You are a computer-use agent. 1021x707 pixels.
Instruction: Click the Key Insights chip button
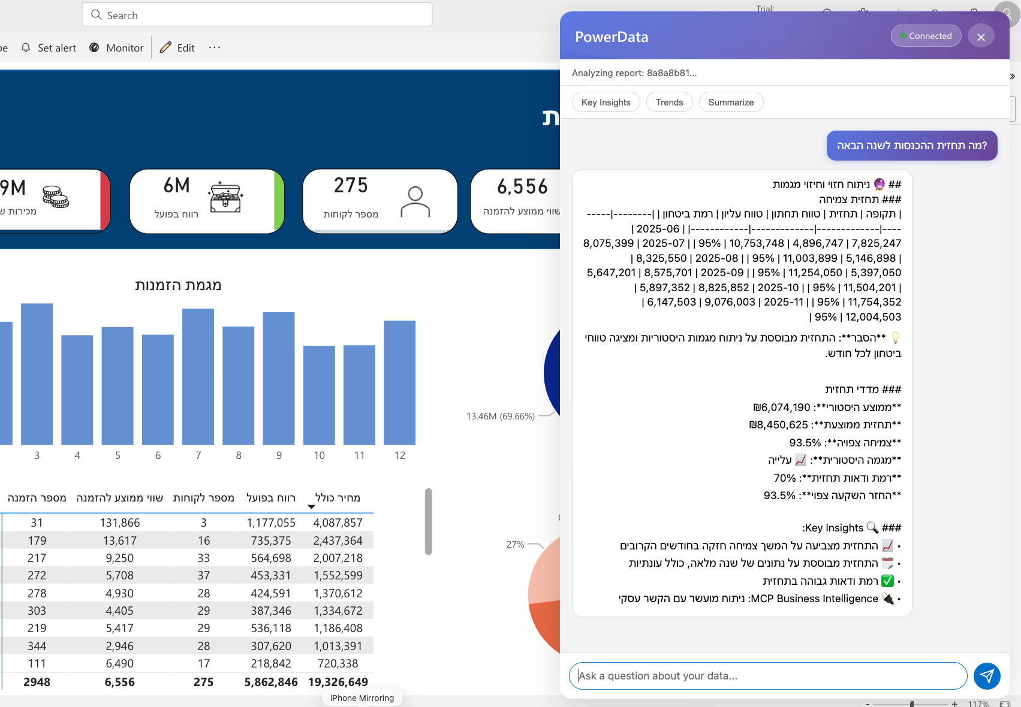(606, 102)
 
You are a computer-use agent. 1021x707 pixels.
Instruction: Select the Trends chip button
(669, 102)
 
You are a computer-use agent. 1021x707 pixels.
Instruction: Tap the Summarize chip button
(731, 102)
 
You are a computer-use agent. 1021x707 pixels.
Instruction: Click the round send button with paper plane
(987, 676)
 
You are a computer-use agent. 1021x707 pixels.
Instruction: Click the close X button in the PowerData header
(981, 37)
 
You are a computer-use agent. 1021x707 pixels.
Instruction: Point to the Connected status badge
(926, 36)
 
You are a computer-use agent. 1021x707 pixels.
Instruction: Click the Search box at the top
(257, 15)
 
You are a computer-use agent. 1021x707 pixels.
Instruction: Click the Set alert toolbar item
(49, 48)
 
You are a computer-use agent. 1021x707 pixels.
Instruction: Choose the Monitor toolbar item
(117, 48)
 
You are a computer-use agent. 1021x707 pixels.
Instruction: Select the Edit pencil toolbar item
(177, 48)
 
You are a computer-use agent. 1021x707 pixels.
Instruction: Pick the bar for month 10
(319, 395)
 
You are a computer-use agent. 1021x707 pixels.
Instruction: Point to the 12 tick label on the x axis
(400, 455)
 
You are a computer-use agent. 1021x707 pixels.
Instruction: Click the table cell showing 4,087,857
(338, 523)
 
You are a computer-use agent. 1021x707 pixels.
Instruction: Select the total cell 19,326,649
(338, 682)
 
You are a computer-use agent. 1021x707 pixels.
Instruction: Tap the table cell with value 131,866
(120, 523)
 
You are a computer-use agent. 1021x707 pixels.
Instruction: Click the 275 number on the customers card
(351, 186)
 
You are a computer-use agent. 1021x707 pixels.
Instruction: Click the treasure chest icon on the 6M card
(225, 197)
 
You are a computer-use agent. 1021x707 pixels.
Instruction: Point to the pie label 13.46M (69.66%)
(500, 416)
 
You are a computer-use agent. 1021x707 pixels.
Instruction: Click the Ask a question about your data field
(767, 676)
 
